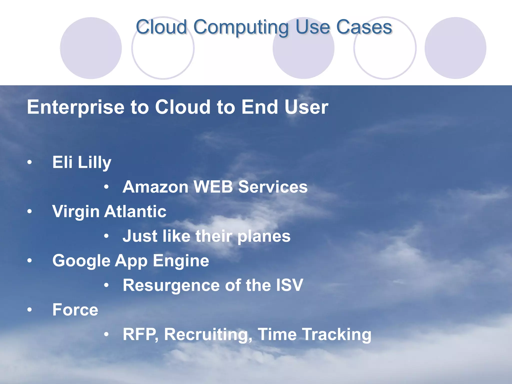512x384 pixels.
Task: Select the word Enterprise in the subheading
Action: pos(75,107)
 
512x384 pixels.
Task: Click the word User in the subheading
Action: pos(306,107)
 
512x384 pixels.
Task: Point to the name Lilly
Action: pos(94,162)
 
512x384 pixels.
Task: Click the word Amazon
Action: pos(155,187)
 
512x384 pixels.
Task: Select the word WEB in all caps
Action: pos(213,187)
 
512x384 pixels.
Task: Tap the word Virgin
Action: pos(76,211)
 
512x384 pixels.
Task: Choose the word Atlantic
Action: pos(135,211)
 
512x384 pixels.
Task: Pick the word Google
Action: pos(81,261)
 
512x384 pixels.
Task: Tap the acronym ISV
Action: pos(289,285)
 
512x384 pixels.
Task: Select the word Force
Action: pos(75,310)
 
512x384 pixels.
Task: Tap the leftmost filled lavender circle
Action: pos(91,48)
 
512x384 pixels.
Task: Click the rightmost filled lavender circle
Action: pos(455,48)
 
